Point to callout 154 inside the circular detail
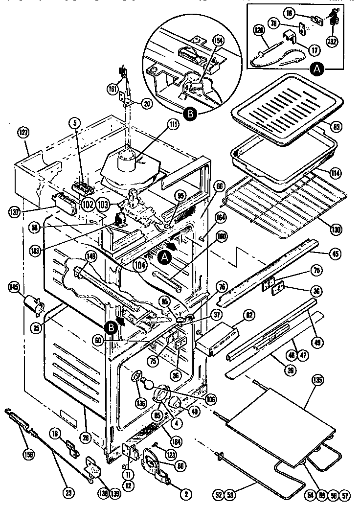click(218, 41)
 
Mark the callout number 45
click(336, 253)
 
